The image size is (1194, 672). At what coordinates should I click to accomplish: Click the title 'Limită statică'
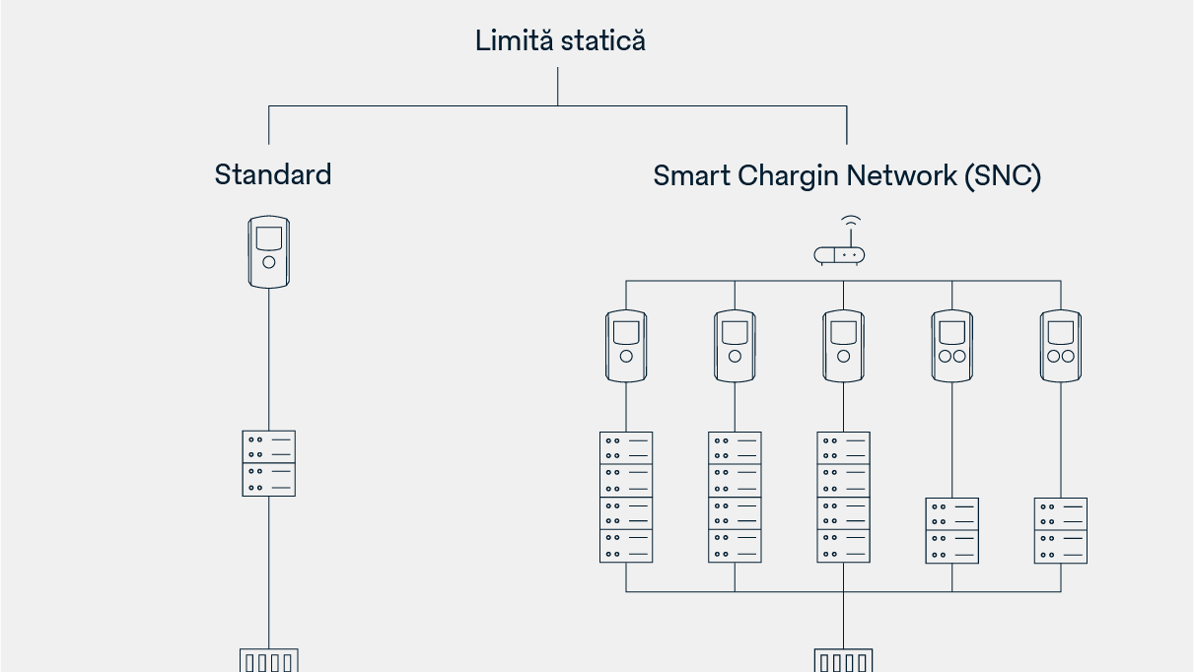pyautogui.click(x=560, y=41)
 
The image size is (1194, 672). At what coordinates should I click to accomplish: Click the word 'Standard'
pyautogui.click(x=273, y=175)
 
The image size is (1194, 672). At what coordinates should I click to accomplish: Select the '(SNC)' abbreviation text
pyautogui.click(x=1003, y=176)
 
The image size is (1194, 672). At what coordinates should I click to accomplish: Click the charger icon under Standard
pyautogui.click(x=269, y=252)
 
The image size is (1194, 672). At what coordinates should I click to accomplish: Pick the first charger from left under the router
pyautogui.click(x=626, y=346)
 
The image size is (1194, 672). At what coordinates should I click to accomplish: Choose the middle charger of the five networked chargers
pyautogui.click(x=843, y=346)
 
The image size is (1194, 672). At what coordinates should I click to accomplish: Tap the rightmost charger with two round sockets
pyautogui.click(x=1061, y=346)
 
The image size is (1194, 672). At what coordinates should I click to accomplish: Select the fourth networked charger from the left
pyautogui.click(x=952, y=346)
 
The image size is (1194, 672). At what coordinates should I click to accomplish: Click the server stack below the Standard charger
pyautogui.click(x=269, y=463)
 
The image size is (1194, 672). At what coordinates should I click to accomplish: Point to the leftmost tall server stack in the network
pyautogui.click(x=626, y=497)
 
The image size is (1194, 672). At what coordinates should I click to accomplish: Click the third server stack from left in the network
pyautogui.click(x=843, y=497)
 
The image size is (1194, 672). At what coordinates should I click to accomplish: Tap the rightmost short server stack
pyautogui.click(x=1061, y=530)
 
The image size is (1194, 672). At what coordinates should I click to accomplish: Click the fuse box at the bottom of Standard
pyautogui.click(x=269, y=660)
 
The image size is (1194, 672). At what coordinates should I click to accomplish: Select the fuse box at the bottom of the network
pyautogui.click(x=843, y=660)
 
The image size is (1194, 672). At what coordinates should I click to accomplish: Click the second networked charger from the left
pyautogui.click(x=735, y=346)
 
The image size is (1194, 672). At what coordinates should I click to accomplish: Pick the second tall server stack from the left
pyautogui.click(x=735, y=497)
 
